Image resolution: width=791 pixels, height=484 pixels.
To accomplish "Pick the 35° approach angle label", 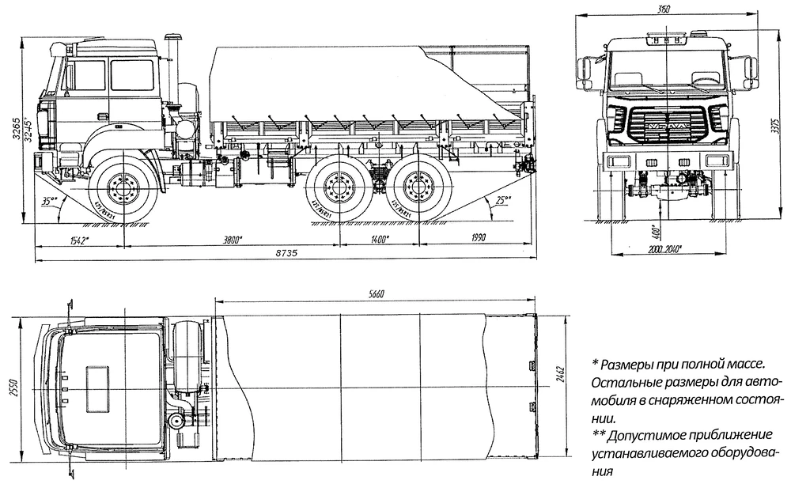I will (51, 202).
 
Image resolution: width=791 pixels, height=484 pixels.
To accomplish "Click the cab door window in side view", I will (131, 75).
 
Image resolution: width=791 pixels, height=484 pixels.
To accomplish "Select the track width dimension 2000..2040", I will (663, 248).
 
